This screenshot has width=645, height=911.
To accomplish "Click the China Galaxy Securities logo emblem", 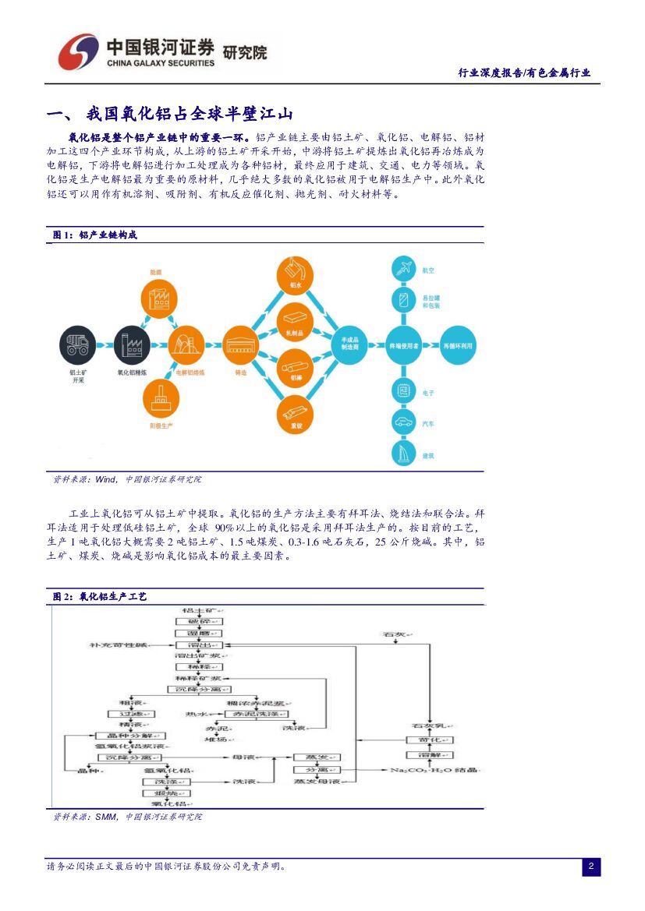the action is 78,53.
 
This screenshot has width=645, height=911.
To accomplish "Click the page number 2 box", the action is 591,867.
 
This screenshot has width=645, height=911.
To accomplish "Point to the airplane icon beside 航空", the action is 404,270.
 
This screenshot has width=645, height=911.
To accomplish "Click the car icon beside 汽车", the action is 404,424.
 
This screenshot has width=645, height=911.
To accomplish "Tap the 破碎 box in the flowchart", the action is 200,621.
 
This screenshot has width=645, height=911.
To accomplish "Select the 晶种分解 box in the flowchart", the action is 129,735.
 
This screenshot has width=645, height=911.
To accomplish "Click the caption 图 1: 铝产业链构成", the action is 94,235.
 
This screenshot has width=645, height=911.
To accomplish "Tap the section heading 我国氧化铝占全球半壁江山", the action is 190,115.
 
